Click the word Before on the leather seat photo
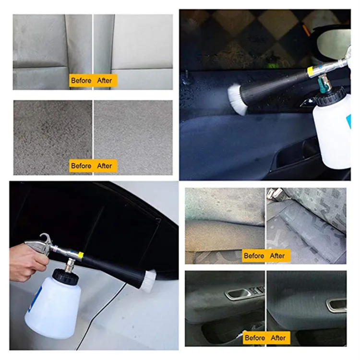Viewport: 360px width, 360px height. click(81, 81)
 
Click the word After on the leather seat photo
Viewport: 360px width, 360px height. click(104, 81)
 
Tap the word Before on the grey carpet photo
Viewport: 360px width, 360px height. click(81, 166)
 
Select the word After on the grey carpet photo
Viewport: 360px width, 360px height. click(104, 166)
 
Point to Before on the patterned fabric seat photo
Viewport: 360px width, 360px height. click(254, 256)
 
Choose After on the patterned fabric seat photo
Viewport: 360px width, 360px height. click(277, 256)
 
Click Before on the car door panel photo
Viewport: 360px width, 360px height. click(255, 338)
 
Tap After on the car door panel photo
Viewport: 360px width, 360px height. click(278, 338)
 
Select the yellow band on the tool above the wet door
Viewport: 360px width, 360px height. click(312, 72)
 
